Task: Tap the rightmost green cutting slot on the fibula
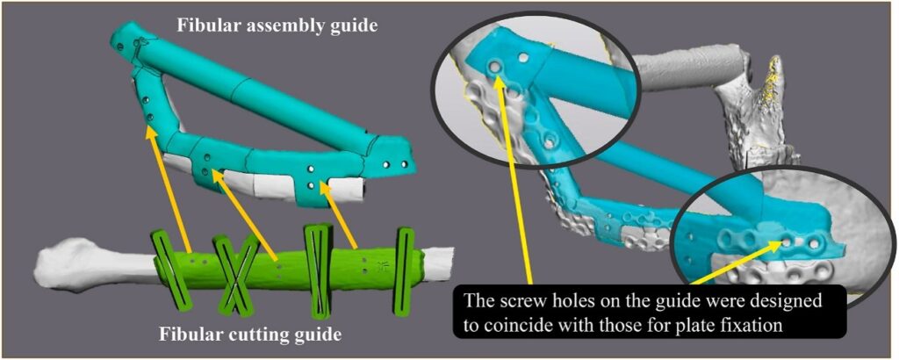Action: point(404,271)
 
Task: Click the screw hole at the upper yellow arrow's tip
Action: point(492,68)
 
